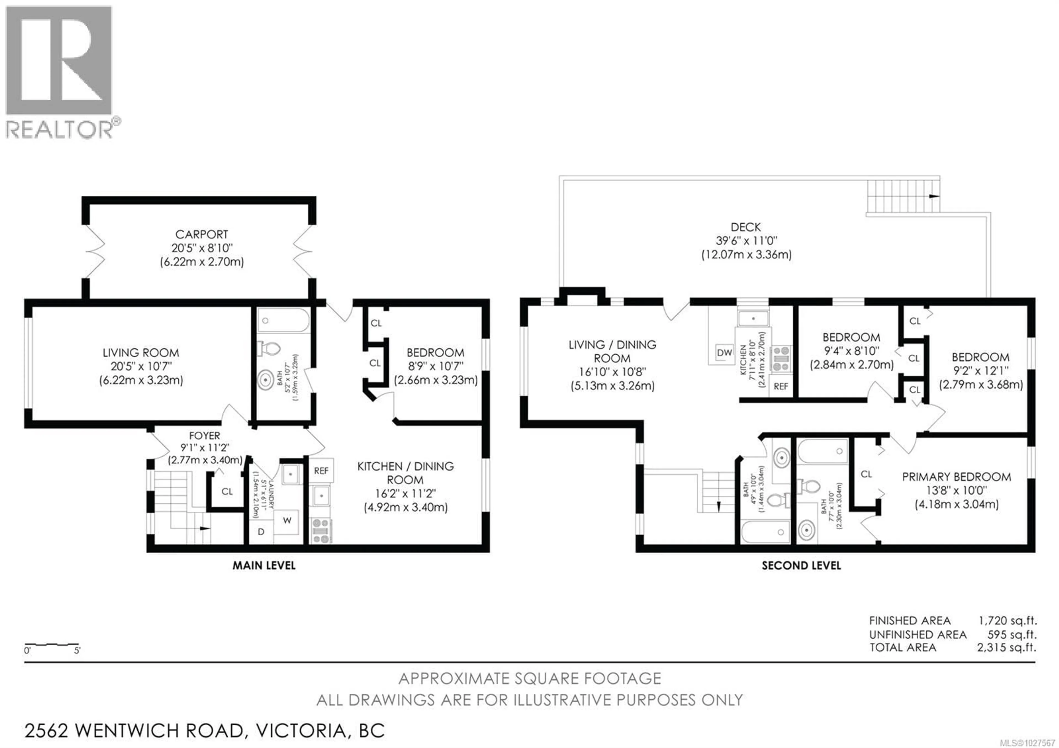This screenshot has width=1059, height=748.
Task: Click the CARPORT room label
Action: [202, 234]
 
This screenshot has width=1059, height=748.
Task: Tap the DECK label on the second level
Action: [746, 227]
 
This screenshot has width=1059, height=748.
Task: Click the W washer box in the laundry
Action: [287, 521]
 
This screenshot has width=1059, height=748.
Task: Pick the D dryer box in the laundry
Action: [261, 532]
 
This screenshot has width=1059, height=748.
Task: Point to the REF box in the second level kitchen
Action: [781, 386]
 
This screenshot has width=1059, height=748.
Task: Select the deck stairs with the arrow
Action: [903, 196]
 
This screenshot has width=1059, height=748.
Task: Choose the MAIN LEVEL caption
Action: [264, 565]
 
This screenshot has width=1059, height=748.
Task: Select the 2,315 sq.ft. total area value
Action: [1006, 648]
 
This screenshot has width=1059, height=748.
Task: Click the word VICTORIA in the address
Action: [301, 730]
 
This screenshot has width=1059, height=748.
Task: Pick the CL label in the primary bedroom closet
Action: [866, 474]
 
